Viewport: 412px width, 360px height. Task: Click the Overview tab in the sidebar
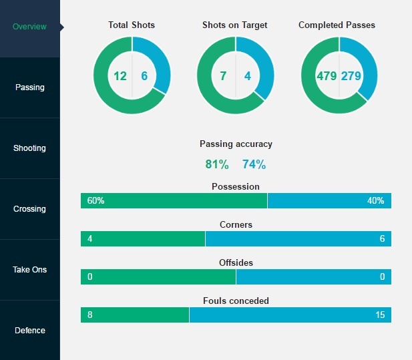[x=30, y=27]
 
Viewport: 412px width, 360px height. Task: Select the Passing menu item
[x=30, y=87]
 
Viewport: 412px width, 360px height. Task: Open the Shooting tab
[x=30, y=148]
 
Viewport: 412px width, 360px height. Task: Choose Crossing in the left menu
[x=30, y=209]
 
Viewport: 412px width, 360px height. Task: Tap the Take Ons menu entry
[x=30, y=270]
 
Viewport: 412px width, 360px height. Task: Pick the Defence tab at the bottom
[x=30, y=331]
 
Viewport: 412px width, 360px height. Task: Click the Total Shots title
[x=132, y=25]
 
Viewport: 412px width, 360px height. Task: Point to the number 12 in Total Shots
[x=120, y=75]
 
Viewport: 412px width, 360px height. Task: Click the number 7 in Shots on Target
[x=223, y=75]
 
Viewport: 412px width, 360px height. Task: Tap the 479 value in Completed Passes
[x=327, y=75]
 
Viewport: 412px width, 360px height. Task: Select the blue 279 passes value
[x=351, y=75]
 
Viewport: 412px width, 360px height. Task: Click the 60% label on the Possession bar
[x=95, y=201]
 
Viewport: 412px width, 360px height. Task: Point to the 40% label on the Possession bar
[x=375, y=201]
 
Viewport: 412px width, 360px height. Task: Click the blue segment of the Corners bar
[x=298, y=239]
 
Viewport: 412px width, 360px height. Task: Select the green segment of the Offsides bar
[x=158, y=277]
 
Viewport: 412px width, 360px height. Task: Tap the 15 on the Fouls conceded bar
[x=379, y=315]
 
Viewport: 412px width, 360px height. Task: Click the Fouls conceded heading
[x=236, y=301]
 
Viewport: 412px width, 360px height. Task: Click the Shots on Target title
[x=235, y=25]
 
